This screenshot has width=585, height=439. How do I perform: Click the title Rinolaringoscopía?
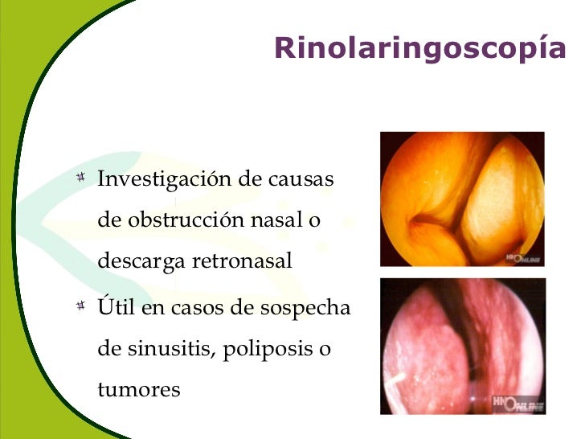tap(419, 48)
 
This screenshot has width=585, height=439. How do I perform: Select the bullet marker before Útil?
tap(80, 307)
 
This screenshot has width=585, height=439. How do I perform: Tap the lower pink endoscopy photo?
tap(462, 346)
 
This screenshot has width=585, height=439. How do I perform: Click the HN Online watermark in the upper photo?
tap(524, 259)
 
